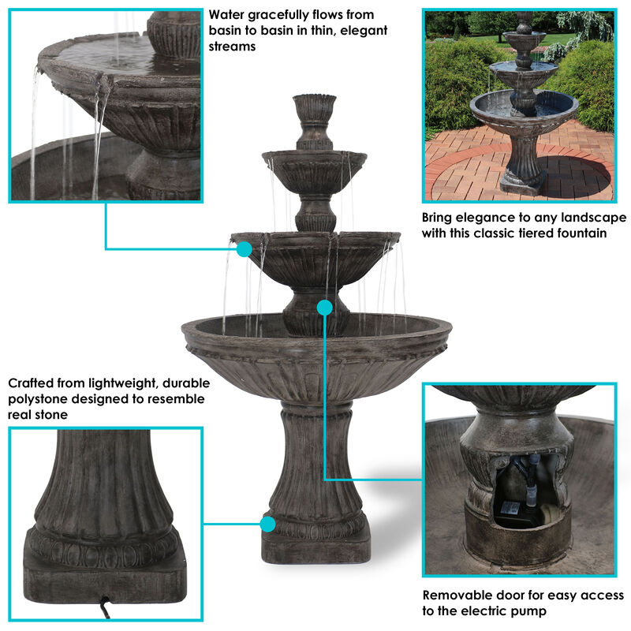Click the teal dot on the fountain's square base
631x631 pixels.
(x=268, y=523)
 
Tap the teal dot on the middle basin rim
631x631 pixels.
(x=245, y=249)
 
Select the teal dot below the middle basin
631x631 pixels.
(x=324, y=306)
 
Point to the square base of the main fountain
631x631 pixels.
(x=315, y=545)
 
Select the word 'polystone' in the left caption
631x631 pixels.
(x=39, y=399)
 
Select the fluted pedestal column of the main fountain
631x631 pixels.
(x=315, y=457)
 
